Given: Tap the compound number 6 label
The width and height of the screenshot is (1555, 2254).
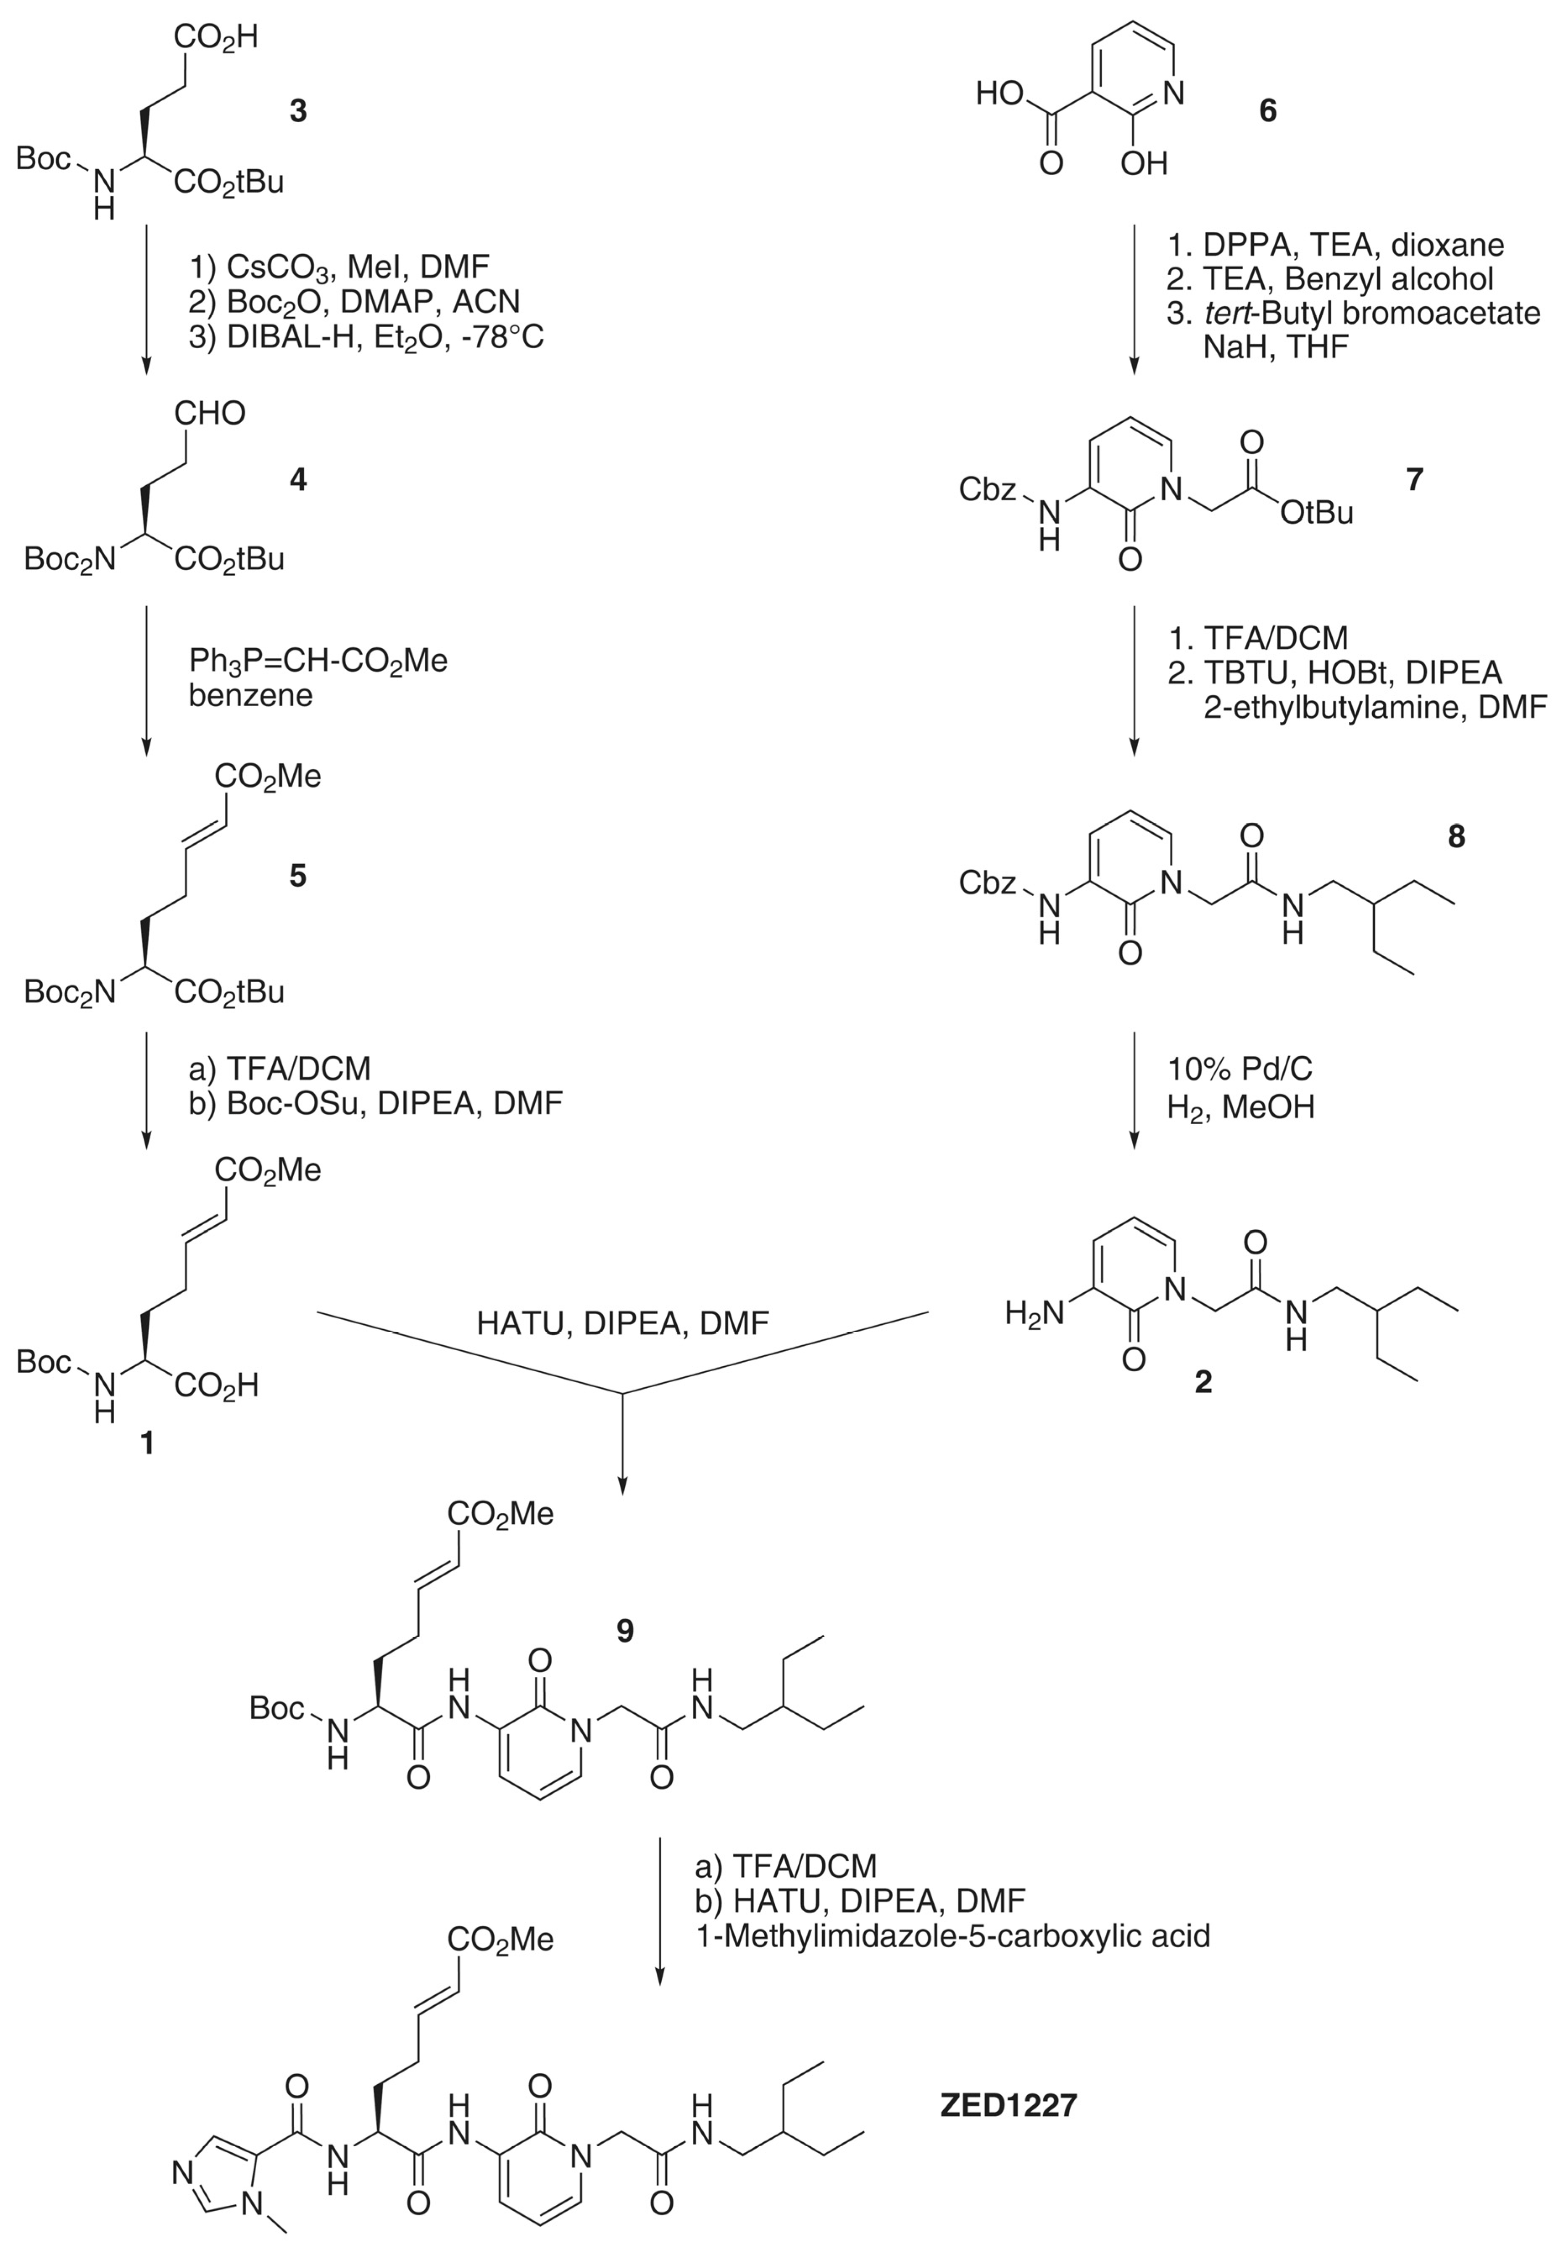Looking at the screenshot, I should pyautogui.click(x=1267, y=111).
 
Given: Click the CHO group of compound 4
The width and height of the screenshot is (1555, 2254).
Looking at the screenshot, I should pyautogui.click(x=210, y=414).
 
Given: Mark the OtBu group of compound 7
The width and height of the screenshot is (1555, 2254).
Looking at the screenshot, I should pyautogui.click(x=1316, y=513).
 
